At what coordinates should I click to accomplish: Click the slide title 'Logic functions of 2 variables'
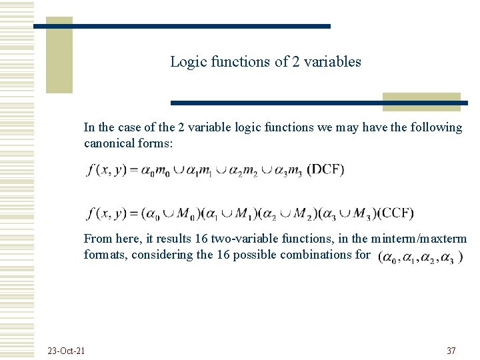click(x=265, y=62)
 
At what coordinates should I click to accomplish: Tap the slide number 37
click(x=451, y=351)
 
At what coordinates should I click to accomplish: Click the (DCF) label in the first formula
click(x=325, y=169)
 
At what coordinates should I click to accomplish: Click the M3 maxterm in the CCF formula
click(x=361, y=214)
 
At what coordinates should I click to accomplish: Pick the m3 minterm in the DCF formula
click(x=295, y=171)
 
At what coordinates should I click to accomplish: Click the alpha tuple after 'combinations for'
click(x=420, y=257)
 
